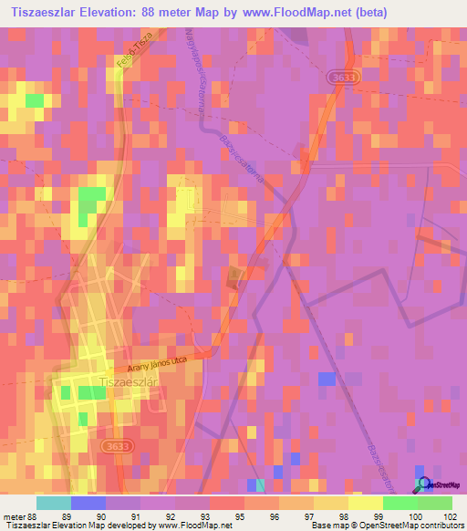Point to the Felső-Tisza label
click(132, 54)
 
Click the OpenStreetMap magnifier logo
click(423, 484)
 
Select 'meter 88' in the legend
click(19, 515)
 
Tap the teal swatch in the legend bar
click(53, 503)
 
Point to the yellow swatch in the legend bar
click(365, 503)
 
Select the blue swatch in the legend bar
click(88, 503)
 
